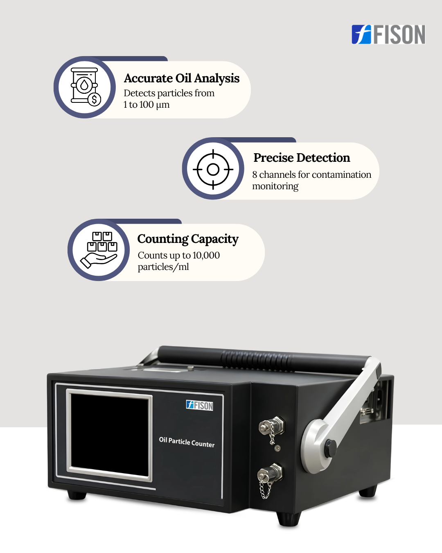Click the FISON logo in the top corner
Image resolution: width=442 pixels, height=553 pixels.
(x=388, y=34)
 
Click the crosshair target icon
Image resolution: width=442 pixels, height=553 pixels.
(x=213, y=169)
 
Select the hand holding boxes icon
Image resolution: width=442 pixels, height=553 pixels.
(x=99, y=250)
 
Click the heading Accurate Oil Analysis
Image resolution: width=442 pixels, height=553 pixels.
(x=182, y=78)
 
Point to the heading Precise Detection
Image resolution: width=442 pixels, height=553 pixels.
(x=302, y=158)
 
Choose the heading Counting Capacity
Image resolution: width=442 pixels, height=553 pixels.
(x=188, y=239)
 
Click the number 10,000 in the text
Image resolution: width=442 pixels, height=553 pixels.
(x=206, y=256)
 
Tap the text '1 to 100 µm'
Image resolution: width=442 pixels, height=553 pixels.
(x=147, y=104)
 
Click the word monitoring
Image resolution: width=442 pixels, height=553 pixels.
(x=275, y=186)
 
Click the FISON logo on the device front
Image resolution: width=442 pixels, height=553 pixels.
(x=200, y=405)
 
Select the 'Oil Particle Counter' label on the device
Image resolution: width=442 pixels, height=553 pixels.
(x=187, y=442)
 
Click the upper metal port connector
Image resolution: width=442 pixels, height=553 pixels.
(x=272, y=426)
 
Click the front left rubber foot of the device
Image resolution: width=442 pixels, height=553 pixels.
(x=77, y=495)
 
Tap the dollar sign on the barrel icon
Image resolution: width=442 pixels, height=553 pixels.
(x=94, y=99)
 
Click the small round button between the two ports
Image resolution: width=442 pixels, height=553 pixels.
(x=277, y=449)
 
